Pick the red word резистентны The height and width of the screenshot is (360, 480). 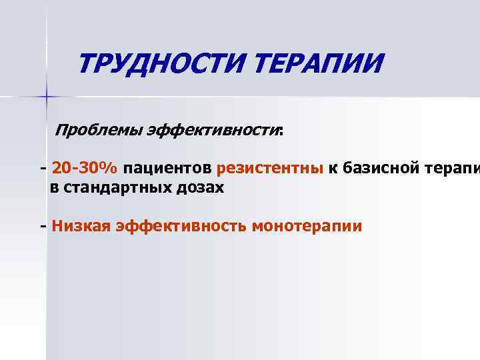pyautogui.click(x=269, y=167)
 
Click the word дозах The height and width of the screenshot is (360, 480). pyautogui.click(x=201, y=188)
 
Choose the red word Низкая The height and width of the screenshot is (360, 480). pyautogui.click(x=81, y=226)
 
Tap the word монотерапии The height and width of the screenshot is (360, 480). pyautogui.click(x=307, y=226)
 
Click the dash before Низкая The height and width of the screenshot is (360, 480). pyautogui.click(x=43, y=226)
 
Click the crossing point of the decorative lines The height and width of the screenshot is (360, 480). pyautogui.click(x=47, y=97)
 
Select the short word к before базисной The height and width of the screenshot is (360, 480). pyautogui.click(x=331, y=167)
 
